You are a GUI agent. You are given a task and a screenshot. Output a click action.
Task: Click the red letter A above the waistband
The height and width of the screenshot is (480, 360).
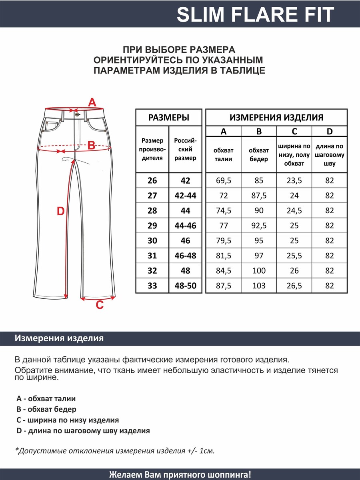coord(92,103)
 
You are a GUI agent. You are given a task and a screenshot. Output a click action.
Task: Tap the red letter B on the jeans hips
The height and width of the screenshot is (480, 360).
coord(91,146)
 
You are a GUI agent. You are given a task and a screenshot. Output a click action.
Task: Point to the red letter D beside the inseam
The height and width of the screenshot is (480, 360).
coord(60,211)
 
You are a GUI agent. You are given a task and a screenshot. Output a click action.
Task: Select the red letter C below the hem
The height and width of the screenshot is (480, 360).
coord(100,306)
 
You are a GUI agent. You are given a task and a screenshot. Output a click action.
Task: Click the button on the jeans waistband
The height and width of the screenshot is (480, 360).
coord(76,114)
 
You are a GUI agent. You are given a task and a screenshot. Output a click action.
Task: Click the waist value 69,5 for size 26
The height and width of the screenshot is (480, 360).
coord(223,181)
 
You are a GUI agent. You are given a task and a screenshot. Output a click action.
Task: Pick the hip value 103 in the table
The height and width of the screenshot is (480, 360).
coord(259,286)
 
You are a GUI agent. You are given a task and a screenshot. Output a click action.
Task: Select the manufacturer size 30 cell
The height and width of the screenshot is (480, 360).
coord(152,241)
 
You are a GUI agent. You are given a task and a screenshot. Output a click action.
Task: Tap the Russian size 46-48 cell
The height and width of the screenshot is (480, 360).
coord(185,256)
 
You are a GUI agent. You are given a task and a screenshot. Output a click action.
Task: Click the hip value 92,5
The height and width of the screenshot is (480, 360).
coord(259,226)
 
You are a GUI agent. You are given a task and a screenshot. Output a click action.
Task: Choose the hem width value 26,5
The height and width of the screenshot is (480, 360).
coord(294,286)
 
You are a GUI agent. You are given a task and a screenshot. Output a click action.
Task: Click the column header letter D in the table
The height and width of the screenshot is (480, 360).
coord(329,132)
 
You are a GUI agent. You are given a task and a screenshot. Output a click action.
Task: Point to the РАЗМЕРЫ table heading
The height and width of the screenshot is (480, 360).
coord(169,118)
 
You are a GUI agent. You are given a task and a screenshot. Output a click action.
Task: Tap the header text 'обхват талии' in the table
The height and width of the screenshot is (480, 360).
coord(223,155)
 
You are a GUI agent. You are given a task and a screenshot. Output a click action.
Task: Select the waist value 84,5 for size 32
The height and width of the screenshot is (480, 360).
coord(223,271)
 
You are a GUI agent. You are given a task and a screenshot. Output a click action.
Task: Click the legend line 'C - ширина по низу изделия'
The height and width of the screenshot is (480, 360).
coord(68,420)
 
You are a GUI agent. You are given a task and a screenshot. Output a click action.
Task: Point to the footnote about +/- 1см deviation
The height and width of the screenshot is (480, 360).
coord(115,451)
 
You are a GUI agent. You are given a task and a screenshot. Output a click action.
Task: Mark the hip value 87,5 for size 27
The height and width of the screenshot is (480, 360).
coord(259,196)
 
